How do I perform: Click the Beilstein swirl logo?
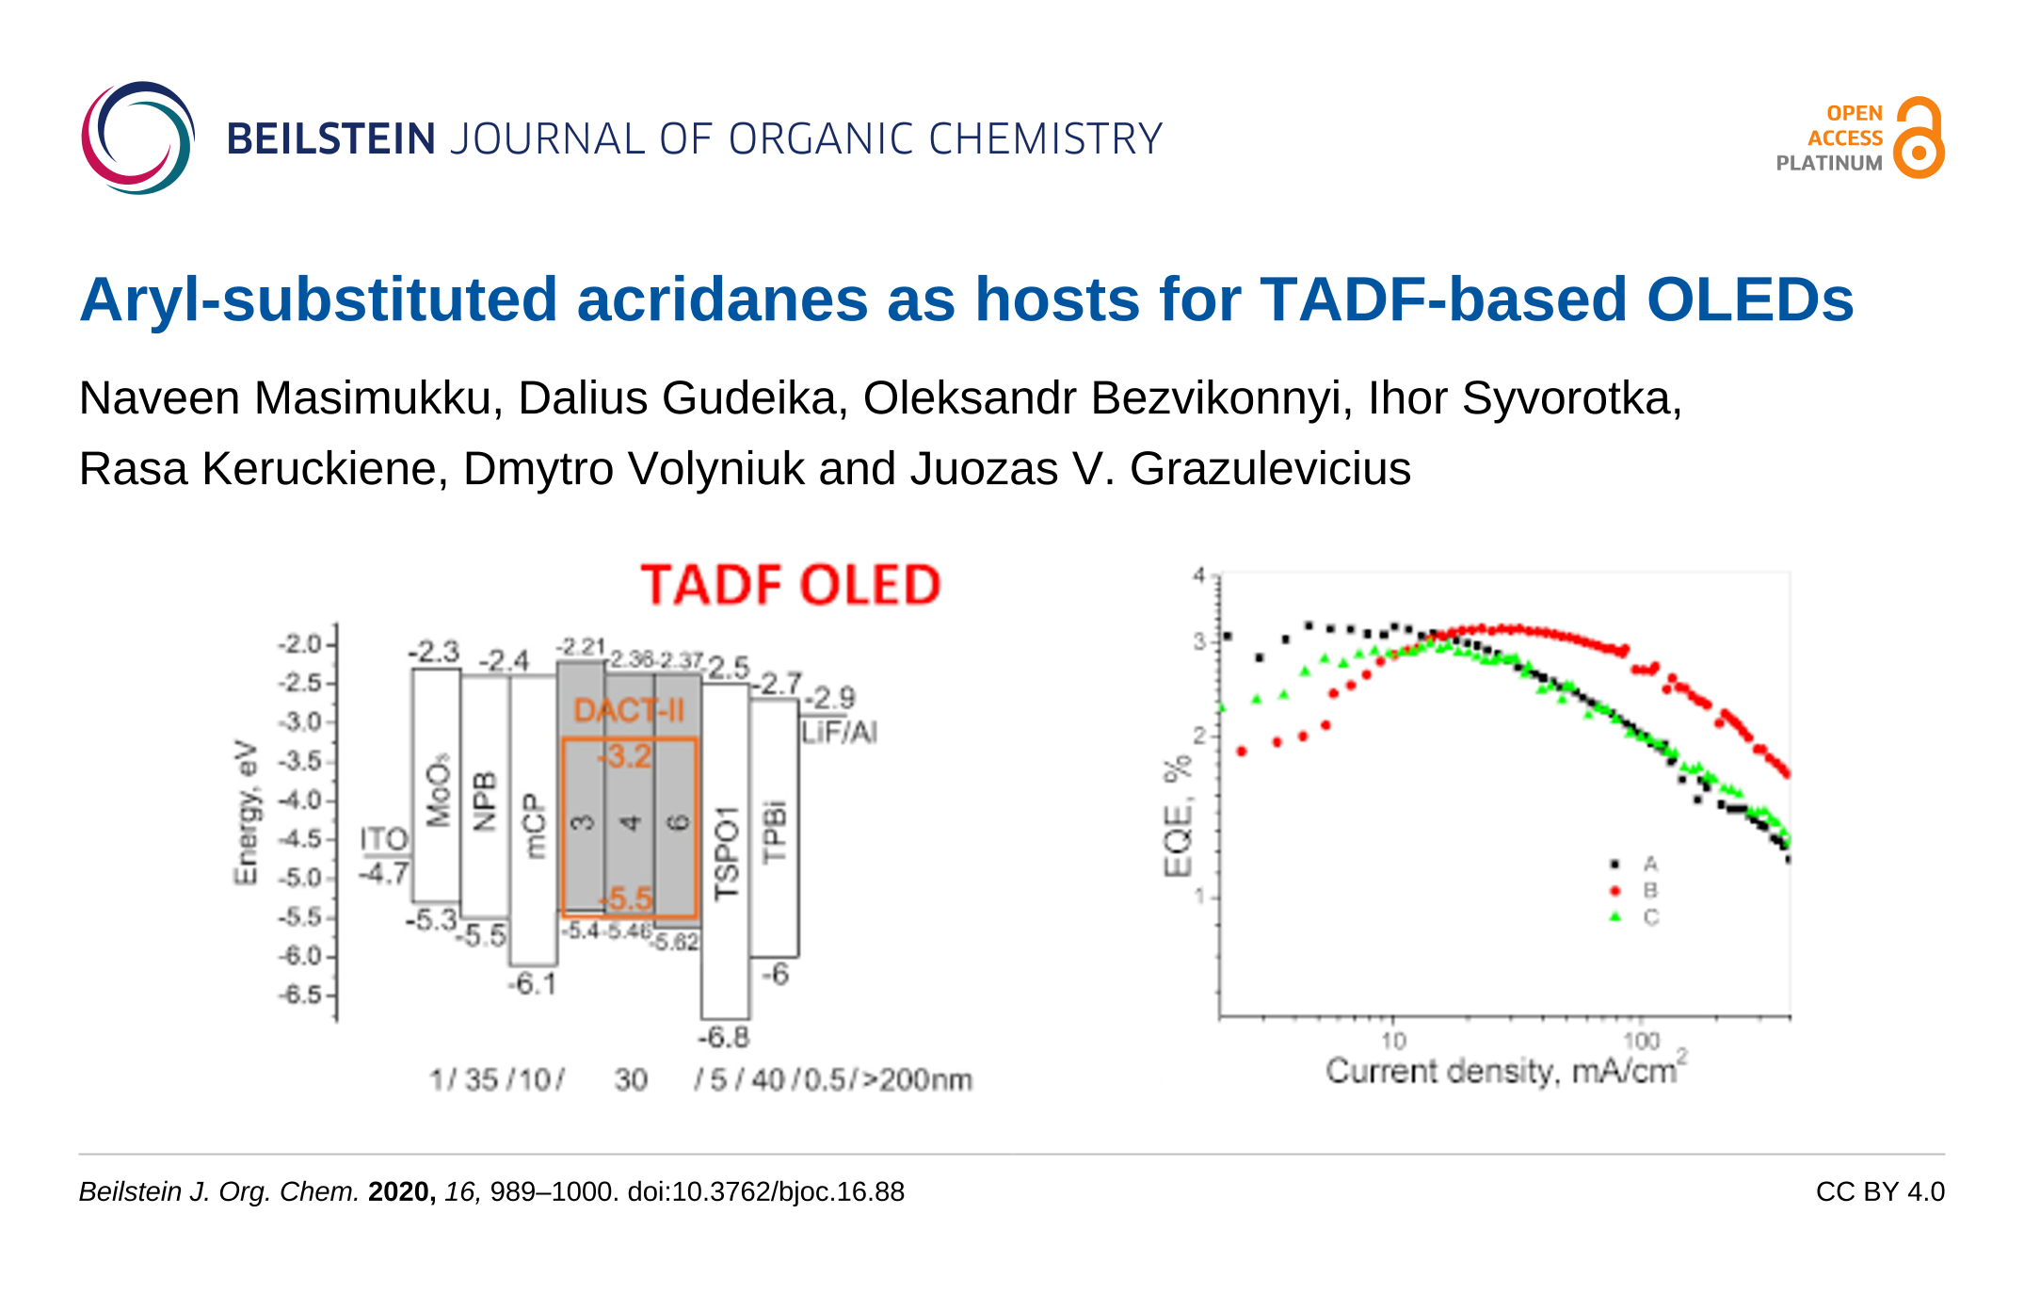[x=137, y=138]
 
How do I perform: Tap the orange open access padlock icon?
[x=1919, y=138]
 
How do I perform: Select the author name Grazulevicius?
[x=1270, y=468]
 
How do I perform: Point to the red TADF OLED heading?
[x=790, y=585]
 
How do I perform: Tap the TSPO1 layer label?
[x=727, y=852]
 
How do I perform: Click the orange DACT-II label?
[x=629, y=710]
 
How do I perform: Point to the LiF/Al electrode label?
[x=839, y=732]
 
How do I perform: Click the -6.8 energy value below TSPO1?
[x=723, y=1037]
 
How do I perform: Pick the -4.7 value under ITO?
[x=384, y=873]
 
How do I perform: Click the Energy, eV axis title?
[x=246, y=812]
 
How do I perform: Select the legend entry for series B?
[x=1649, y=890]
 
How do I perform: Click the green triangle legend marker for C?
[x=1615, y=916]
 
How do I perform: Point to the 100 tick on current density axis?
[x=1641, y=1040]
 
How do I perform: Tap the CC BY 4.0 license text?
[x=1879, y=1191]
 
